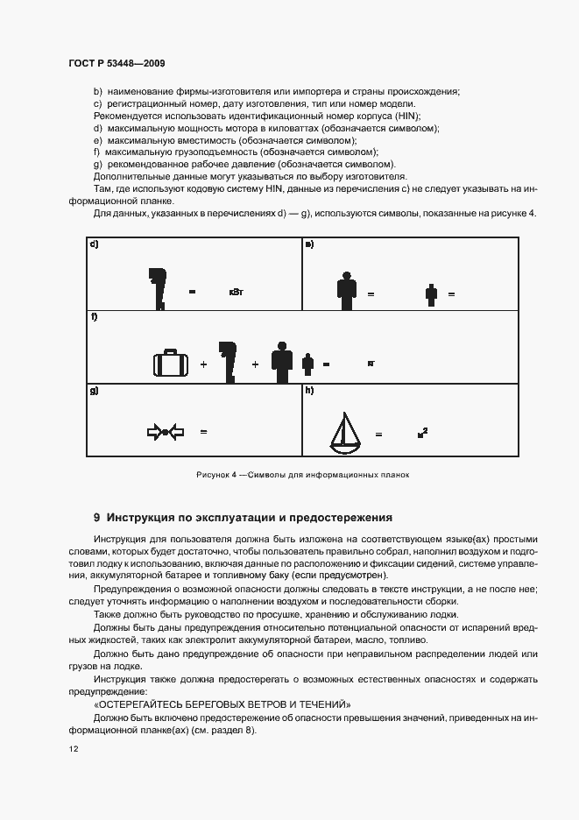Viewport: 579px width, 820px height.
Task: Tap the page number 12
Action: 73,750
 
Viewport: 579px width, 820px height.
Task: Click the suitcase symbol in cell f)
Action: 170,363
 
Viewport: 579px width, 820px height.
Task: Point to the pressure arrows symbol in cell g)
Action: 166,431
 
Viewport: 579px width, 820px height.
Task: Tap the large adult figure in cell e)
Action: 347,290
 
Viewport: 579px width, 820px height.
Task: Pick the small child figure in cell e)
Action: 430,294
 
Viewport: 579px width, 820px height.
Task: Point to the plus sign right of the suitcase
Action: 203,364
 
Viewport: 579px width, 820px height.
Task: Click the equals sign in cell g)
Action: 203,432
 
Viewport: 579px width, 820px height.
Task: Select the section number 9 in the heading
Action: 97,518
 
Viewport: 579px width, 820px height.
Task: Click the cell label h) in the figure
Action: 309,391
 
